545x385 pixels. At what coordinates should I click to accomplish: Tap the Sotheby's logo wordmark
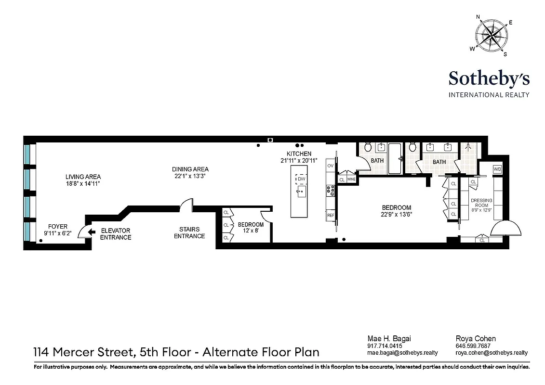(x=489, y=78)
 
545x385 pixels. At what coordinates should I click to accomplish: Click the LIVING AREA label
(x=83, y=177)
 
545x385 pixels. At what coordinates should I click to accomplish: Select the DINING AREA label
(x=190, y=169)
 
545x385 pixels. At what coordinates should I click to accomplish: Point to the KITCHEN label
(x=299, y=154)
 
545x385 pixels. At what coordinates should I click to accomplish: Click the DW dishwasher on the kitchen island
(x=301, y=180)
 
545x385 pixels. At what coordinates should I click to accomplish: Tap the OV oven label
(x=331, y=166)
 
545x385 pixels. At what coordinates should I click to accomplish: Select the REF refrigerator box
(x=331, y=216)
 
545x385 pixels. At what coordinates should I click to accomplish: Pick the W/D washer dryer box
(x=497, y=169)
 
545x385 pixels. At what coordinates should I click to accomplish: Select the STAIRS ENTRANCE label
(x=189, y=233)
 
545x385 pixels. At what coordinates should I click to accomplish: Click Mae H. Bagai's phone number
(x=384, y=346)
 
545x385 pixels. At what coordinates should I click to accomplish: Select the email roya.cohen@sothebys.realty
(x=492, y=353)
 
